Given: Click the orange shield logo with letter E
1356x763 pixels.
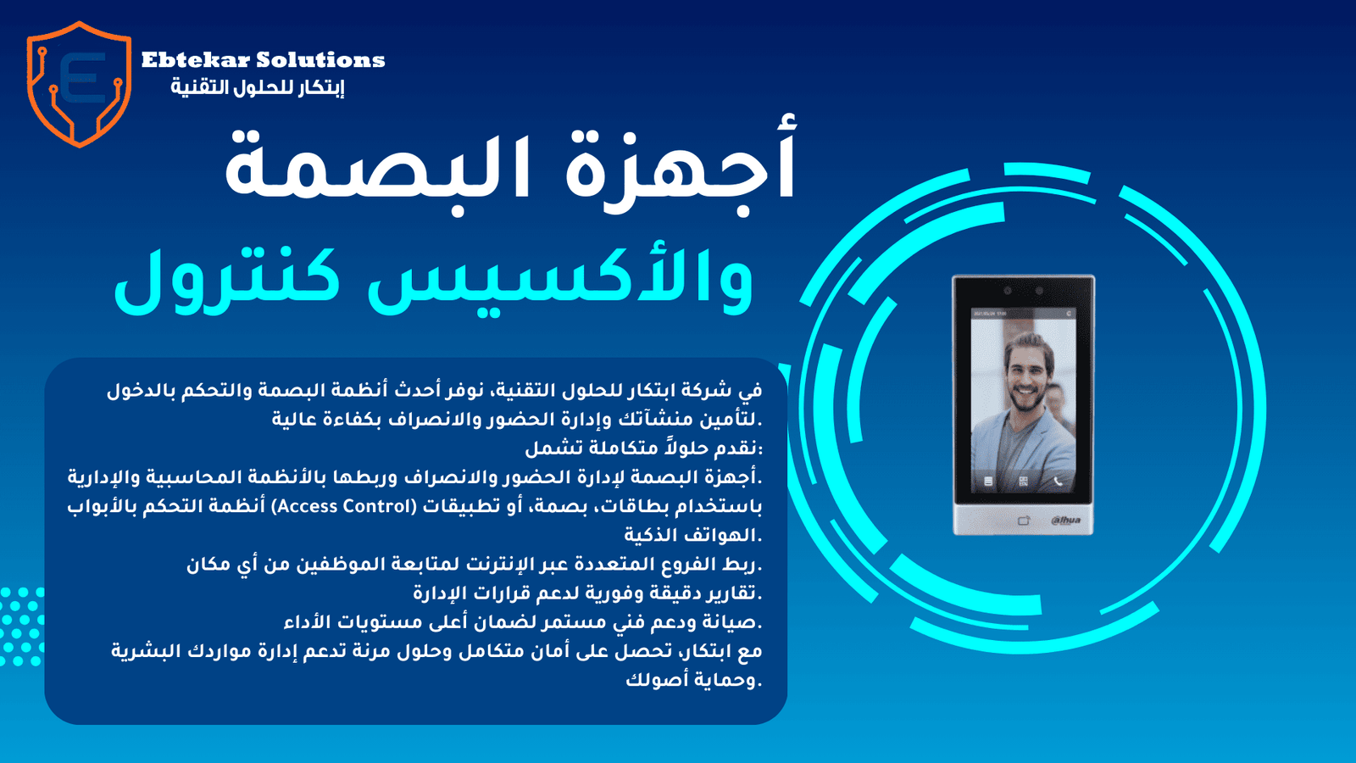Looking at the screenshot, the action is tap(80, 84).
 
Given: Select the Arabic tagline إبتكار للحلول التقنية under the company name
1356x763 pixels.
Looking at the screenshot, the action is tap(258, 87).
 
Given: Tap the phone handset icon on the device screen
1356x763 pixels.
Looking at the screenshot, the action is tap(1058, 482).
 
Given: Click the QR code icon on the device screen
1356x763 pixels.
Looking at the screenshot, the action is tap(1023, 482).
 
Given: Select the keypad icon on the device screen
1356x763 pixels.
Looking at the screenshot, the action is tap(988, 482).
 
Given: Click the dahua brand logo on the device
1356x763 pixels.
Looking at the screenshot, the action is tap(1065, 521).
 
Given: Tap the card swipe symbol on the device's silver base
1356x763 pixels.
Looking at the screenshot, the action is tap(1024, 521).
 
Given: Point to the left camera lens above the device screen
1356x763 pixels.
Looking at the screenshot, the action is tap(1008, 292).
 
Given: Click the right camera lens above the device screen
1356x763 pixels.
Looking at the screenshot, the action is tap(1040, 292).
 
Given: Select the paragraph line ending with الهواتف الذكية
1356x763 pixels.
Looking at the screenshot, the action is tap(693, 535).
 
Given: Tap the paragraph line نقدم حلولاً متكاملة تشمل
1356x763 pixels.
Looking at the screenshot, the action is tap(643, 448).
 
